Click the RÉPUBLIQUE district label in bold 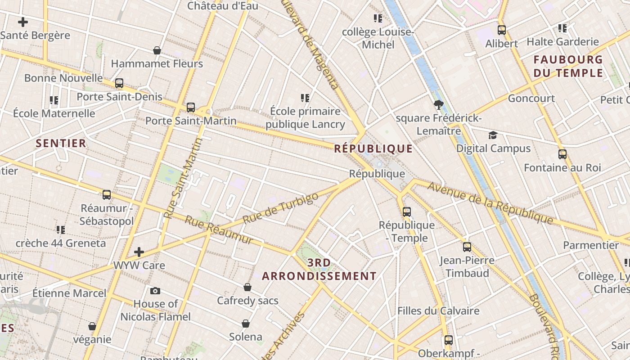coord(373,148)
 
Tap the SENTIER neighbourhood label coord(61,143)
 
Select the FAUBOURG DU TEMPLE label coord(568,66)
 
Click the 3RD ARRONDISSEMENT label coord(319,269)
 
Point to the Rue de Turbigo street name coord(280,208)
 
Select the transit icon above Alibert coord(502,30)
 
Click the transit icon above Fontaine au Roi coord(562,154)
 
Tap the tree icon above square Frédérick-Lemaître coord(439,105)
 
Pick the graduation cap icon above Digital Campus coord(493,135)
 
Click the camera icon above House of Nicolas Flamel coord(155,291)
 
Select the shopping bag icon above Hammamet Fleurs coord(157,50)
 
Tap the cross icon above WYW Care coord(139,252)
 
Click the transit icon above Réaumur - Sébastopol coord(107,194)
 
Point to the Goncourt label coord(531,98)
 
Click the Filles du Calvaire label coord(438,310)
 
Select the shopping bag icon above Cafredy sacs coord(247,287)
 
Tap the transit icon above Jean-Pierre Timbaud coord(467,247)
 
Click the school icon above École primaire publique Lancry coord(305,98)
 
